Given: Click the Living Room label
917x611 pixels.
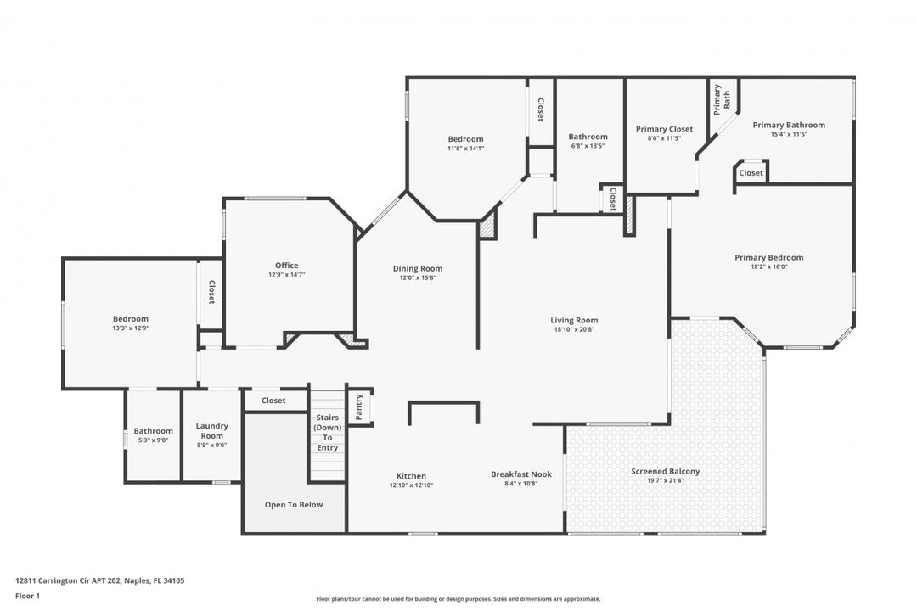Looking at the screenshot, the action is (x=574, y=320).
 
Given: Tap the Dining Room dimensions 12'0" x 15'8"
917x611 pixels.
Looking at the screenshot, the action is (x=418, y=277).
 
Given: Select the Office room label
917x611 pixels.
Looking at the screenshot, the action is (x=287, y=265).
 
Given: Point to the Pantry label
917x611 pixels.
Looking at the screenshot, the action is (x=359, y=407).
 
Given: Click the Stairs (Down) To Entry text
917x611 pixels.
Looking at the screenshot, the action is (x=328, y=432).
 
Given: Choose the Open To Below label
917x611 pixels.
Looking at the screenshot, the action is (x=294, y=505).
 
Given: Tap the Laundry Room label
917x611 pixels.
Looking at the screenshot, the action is (x=211, y=431).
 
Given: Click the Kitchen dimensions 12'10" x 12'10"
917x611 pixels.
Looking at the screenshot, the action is (x=411, y=485).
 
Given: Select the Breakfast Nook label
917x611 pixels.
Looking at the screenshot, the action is (x=521, y=474).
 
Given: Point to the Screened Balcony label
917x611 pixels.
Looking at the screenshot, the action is (x=665, y=471).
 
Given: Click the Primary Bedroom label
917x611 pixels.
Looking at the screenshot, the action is (x=769, y=257).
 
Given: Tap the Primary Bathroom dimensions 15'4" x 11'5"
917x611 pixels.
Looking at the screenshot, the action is (x=789, y=134).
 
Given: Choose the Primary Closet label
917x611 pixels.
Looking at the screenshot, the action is (x=664, y=129).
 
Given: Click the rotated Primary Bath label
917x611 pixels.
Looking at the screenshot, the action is (x=722, y=99).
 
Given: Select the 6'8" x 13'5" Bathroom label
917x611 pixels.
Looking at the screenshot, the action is (x=588, y=137).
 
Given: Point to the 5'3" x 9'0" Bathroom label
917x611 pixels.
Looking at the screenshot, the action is (x=153, y=431).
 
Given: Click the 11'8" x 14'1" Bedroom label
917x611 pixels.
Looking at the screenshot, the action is (x=465, y=138).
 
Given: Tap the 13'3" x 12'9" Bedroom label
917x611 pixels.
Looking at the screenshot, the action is (x=131, y=319).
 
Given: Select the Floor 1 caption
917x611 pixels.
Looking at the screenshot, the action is (x=27, y=597).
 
